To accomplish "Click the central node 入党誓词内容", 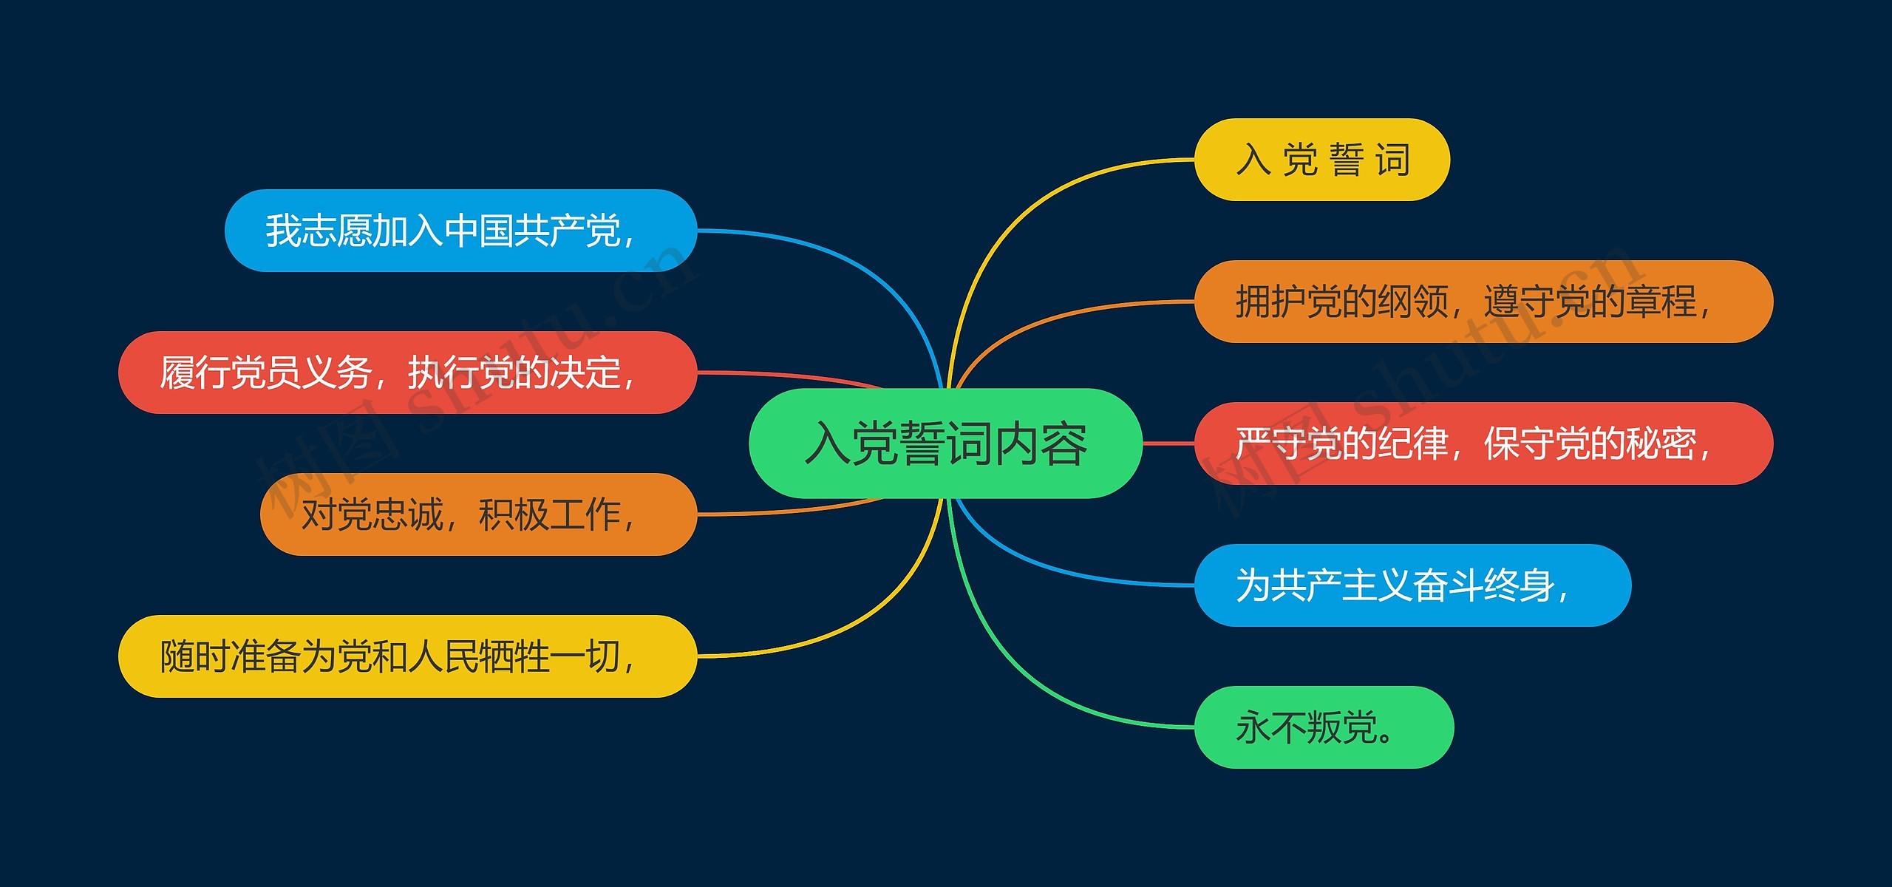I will pos(945,443).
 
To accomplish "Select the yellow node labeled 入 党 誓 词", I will pos(1322,160).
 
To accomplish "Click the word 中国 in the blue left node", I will pos(478,231).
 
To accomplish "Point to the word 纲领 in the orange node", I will pos(1412,302).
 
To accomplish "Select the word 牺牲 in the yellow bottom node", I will pos(514,656).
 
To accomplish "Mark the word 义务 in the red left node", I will pos(336,373).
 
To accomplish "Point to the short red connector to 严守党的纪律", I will pos(1168,443).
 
